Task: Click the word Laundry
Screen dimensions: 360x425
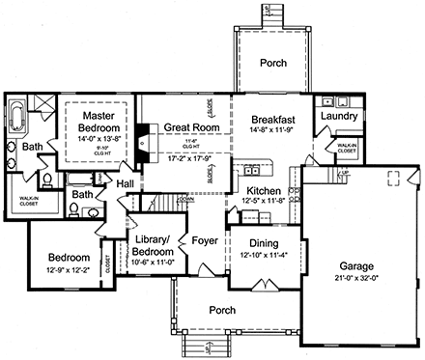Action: click(341, 117)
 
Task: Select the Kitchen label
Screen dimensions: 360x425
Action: click(263, 192)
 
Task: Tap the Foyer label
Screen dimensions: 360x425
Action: click(204, 240)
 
